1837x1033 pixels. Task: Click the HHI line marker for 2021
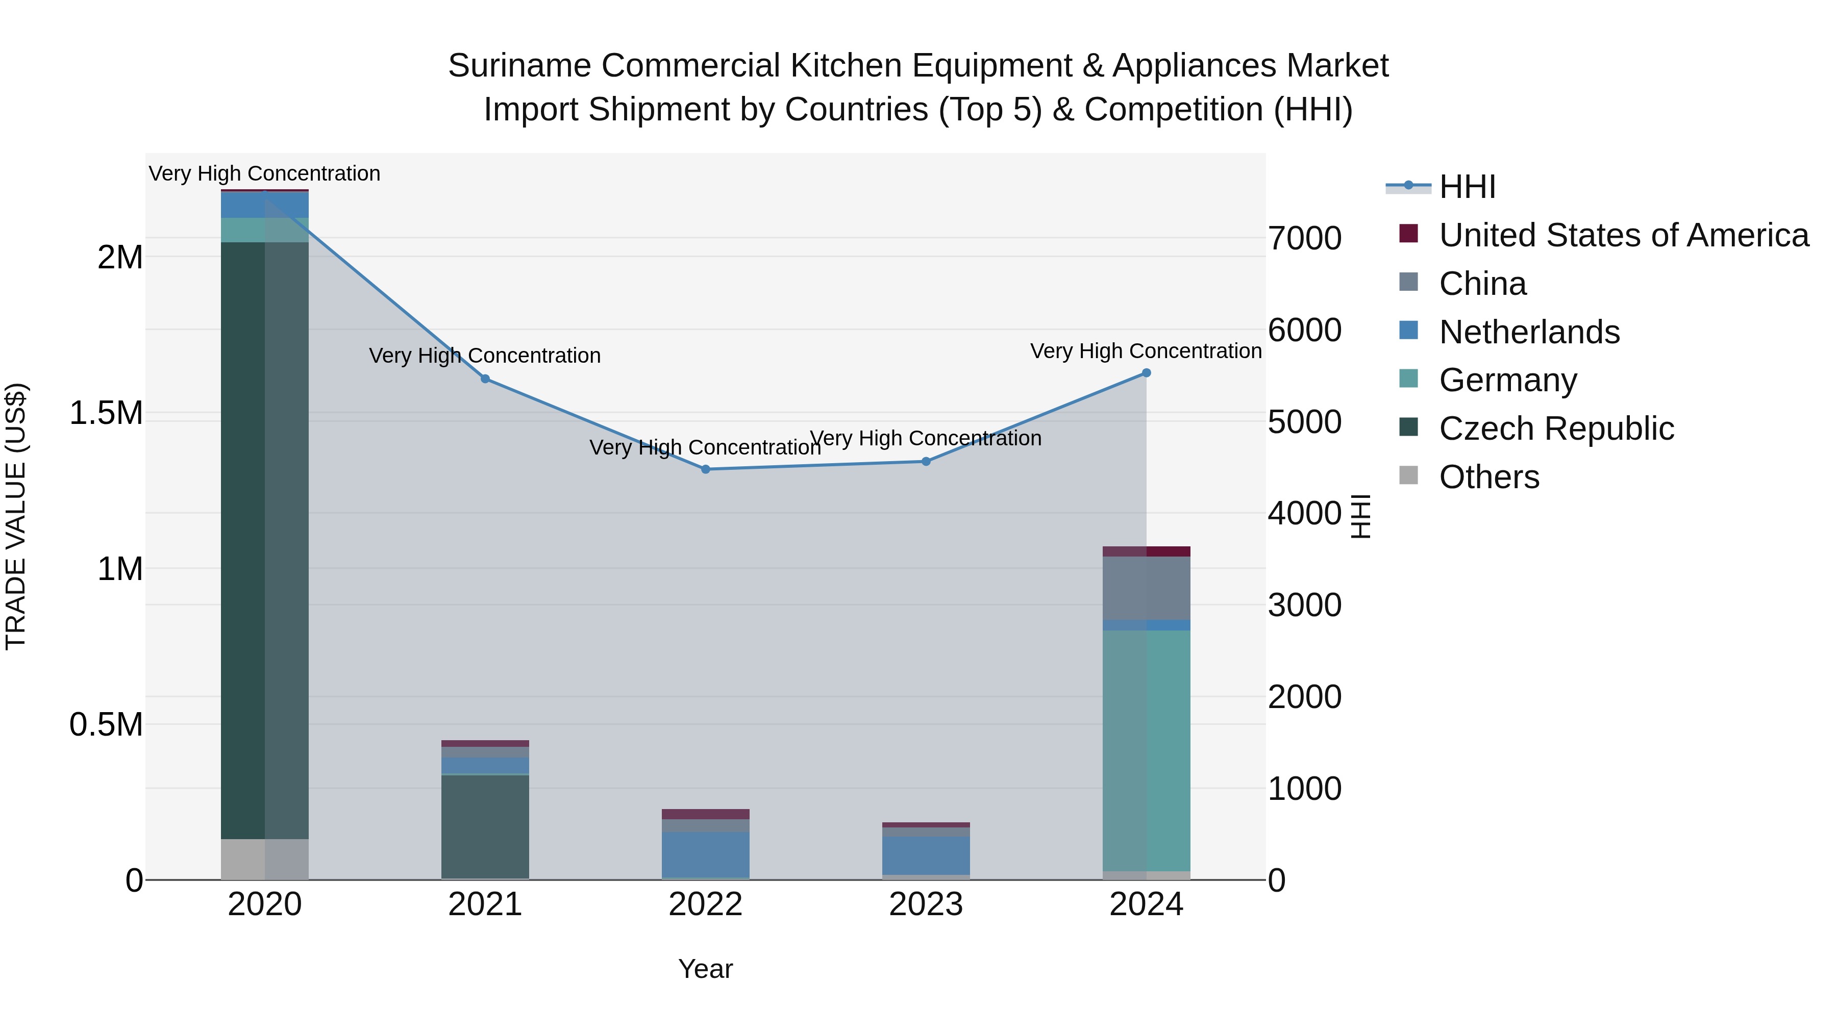pyautogui.click(x=485, y=379)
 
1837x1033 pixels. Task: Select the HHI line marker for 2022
pyautogui.click(x=705, y=469)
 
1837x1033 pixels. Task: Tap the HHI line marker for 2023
pyautogui.click(x=926, y=461)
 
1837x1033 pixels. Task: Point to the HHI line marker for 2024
pyautogui.click(x=1146, y=373)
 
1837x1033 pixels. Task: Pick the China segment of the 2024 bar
pyautogui.click(x=1146, y=588)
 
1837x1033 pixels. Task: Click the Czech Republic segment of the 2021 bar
pyautogui.click(x=485, y=826)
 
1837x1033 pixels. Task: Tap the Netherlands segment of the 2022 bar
pyautogui.click(x=705, y=854)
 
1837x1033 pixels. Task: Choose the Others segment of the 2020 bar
pyautogui.click(x=264, y=859)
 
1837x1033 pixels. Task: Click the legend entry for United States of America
pyautogui.click(x=1624, y=235)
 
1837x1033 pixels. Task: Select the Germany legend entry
pyautogui.click(x=1507, y=380)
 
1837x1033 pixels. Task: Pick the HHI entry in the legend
pyautogui.click(x=1467, y=187)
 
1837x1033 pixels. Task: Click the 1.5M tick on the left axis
pyautogui.click(x=106, y=414)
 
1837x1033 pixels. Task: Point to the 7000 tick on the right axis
pyautogui.click(x=1304, y=238)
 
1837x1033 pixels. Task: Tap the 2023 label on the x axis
pyautogui.click(x=926, y=904)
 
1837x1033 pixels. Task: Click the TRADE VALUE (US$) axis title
pyautogui.click(x=16, y=516)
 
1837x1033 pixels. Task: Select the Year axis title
pyautogui.click(x=705, y=969)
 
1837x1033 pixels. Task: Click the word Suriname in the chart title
pyautogui.click(x=519, y=66)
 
